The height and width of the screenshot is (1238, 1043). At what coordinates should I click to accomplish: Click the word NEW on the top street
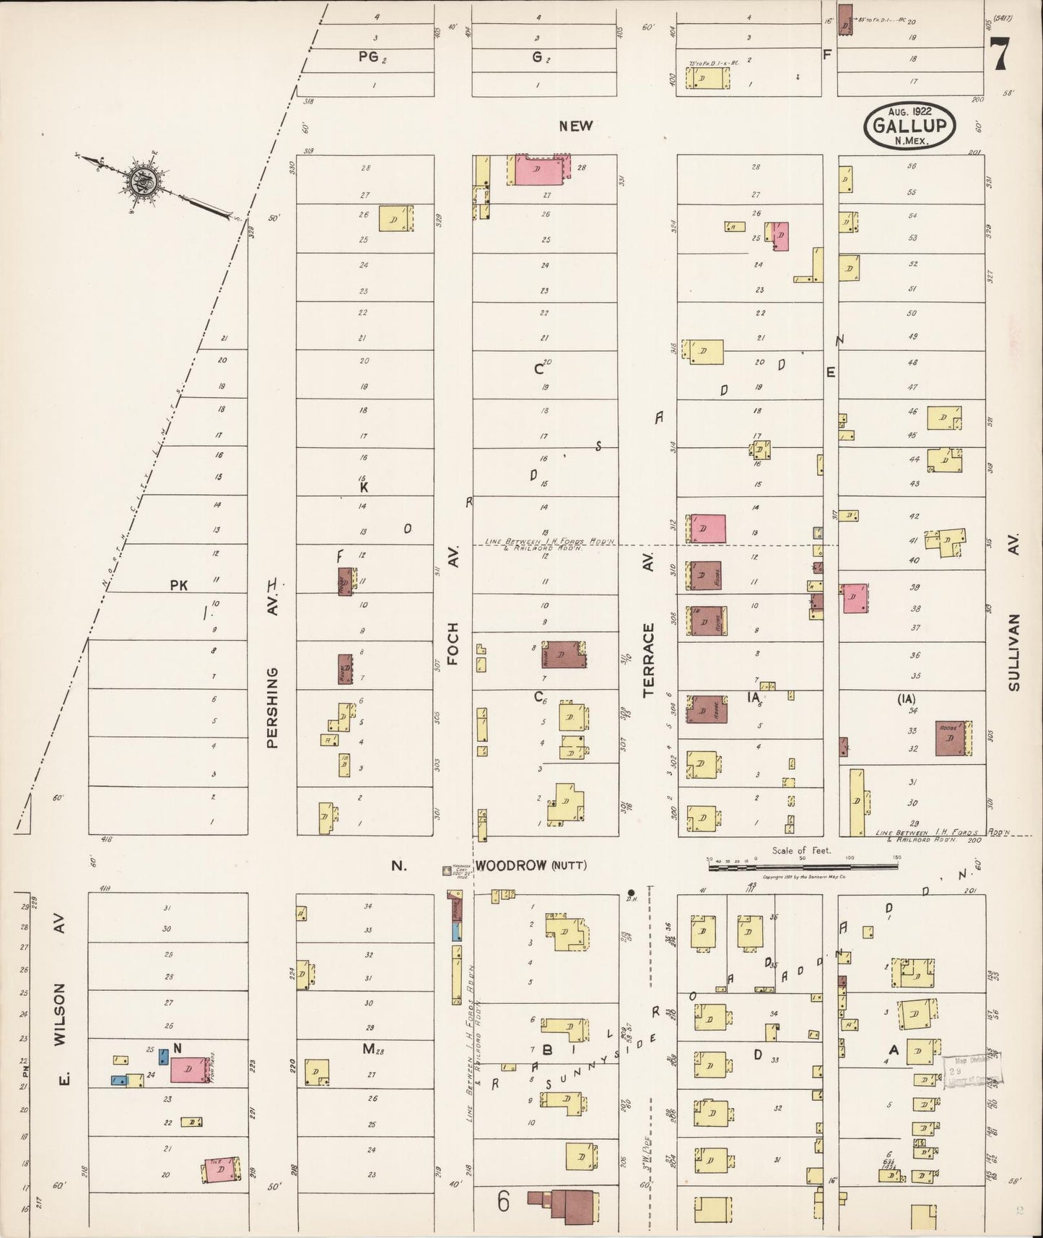pos(575,126)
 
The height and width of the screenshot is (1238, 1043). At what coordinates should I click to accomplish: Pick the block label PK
pos(178,586)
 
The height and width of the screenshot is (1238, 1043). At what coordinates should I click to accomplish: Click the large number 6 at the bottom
pos(503,1202)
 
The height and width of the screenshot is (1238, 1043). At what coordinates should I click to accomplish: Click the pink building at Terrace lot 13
pos(707,528)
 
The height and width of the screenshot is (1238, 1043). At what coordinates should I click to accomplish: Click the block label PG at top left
pos(368,59)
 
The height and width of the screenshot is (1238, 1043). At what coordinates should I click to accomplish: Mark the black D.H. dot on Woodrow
pos(631,893)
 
